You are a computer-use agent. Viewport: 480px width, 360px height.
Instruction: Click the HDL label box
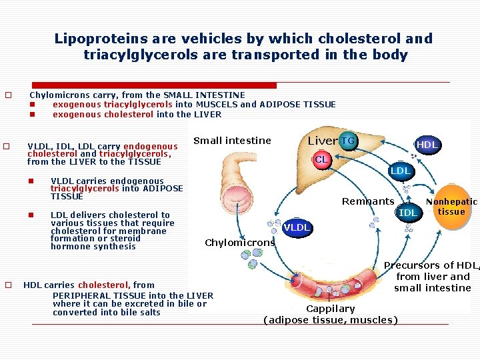[x=427, y=145]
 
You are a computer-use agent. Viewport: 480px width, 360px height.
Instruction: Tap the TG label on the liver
[x=347, y=141]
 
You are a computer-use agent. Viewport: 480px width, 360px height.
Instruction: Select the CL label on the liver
[x=322, y=159]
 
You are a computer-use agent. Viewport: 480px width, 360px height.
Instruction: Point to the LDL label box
[x=400, y=171]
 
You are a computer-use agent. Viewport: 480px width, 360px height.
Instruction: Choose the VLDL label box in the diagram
[x=297, y=227]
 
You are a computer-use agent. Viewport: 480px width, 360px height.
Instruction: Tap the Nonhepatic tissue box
[x=451, y=207]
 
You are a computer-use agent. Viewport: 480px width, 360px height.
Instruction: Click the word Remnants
[x=367, y=201]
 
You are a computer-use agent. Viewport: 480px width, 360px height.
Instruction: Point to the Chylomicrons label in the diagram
[x=239, y=243]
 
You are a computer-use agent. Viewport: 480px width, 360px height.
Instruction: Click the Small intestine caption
[x=232, y=141]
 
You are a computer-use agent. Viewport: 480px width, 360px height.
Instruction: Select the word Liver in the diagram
[x=322, y=141]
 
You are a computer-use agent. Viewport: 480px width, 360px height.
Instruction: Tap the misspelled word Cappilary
[x=330, y=309]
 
